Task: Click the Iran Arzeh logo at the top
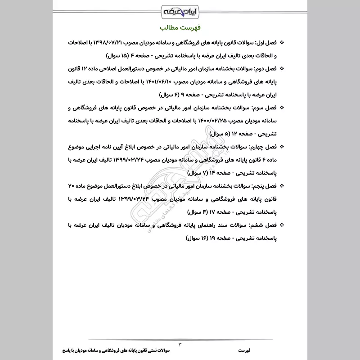(180, 9)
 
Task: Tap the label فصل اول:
(268, 43)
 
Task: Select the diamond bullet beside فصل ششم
(282, 225)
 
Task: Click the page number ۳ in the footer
(180, 344)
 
